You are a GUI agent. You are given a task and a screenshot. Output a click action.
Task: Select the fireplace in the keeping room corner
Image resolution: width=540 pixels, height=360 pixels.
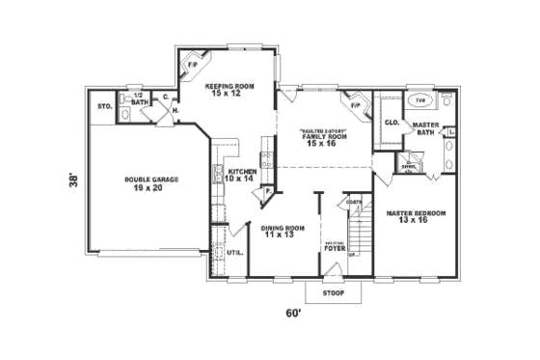[192, 63]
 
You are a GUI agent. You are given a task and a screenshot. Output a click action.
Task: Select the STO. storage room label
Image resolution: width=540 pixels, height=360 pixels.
[104, 104]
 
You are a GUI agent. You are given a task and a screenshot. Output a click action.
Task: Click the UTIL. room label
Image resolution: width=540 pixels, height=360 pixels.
[234, 253]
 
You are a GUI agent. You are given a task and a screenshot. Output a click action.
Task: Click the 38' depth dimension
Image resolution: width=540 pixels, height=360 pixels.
[74, 181]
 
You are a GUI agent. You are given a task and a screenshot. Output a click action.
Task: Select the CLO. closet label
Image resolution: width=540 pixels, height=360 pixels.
[391, 123]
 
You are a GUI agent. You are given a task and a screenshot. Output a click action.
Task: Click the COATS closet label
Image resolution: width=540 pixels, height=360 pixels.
[355, 202]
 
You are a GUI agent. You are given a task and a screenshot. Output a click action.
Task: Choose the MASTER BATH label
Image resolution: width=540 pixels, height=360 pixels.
[426, 128]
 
